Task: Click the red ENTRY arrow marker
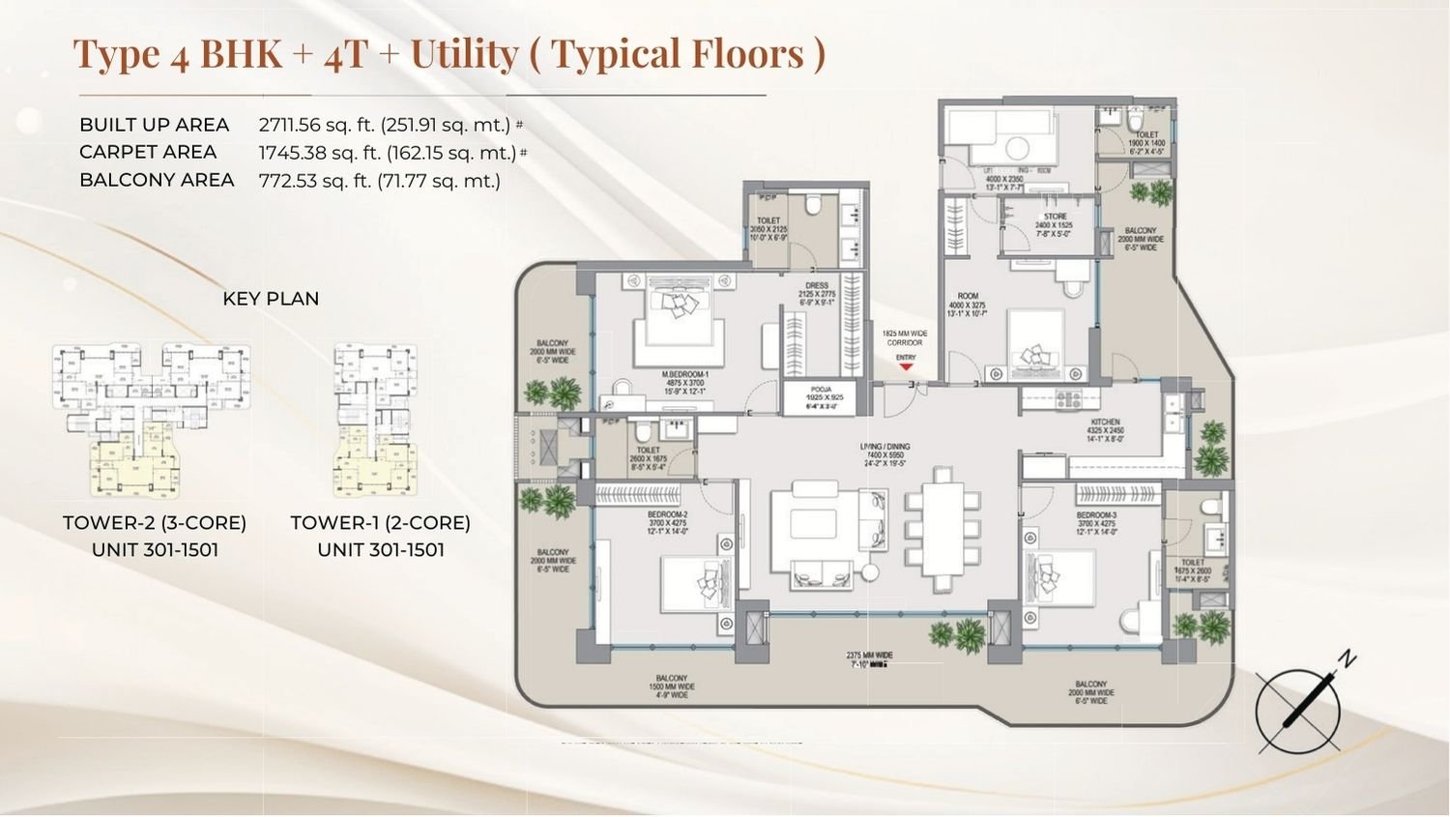[x=906, y=366]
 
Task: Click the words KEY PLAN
[x=271, y=299]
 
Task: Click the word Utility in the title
[x=464, y=54]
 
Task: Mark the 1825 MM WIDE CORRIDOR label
[x=906, y=337]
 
